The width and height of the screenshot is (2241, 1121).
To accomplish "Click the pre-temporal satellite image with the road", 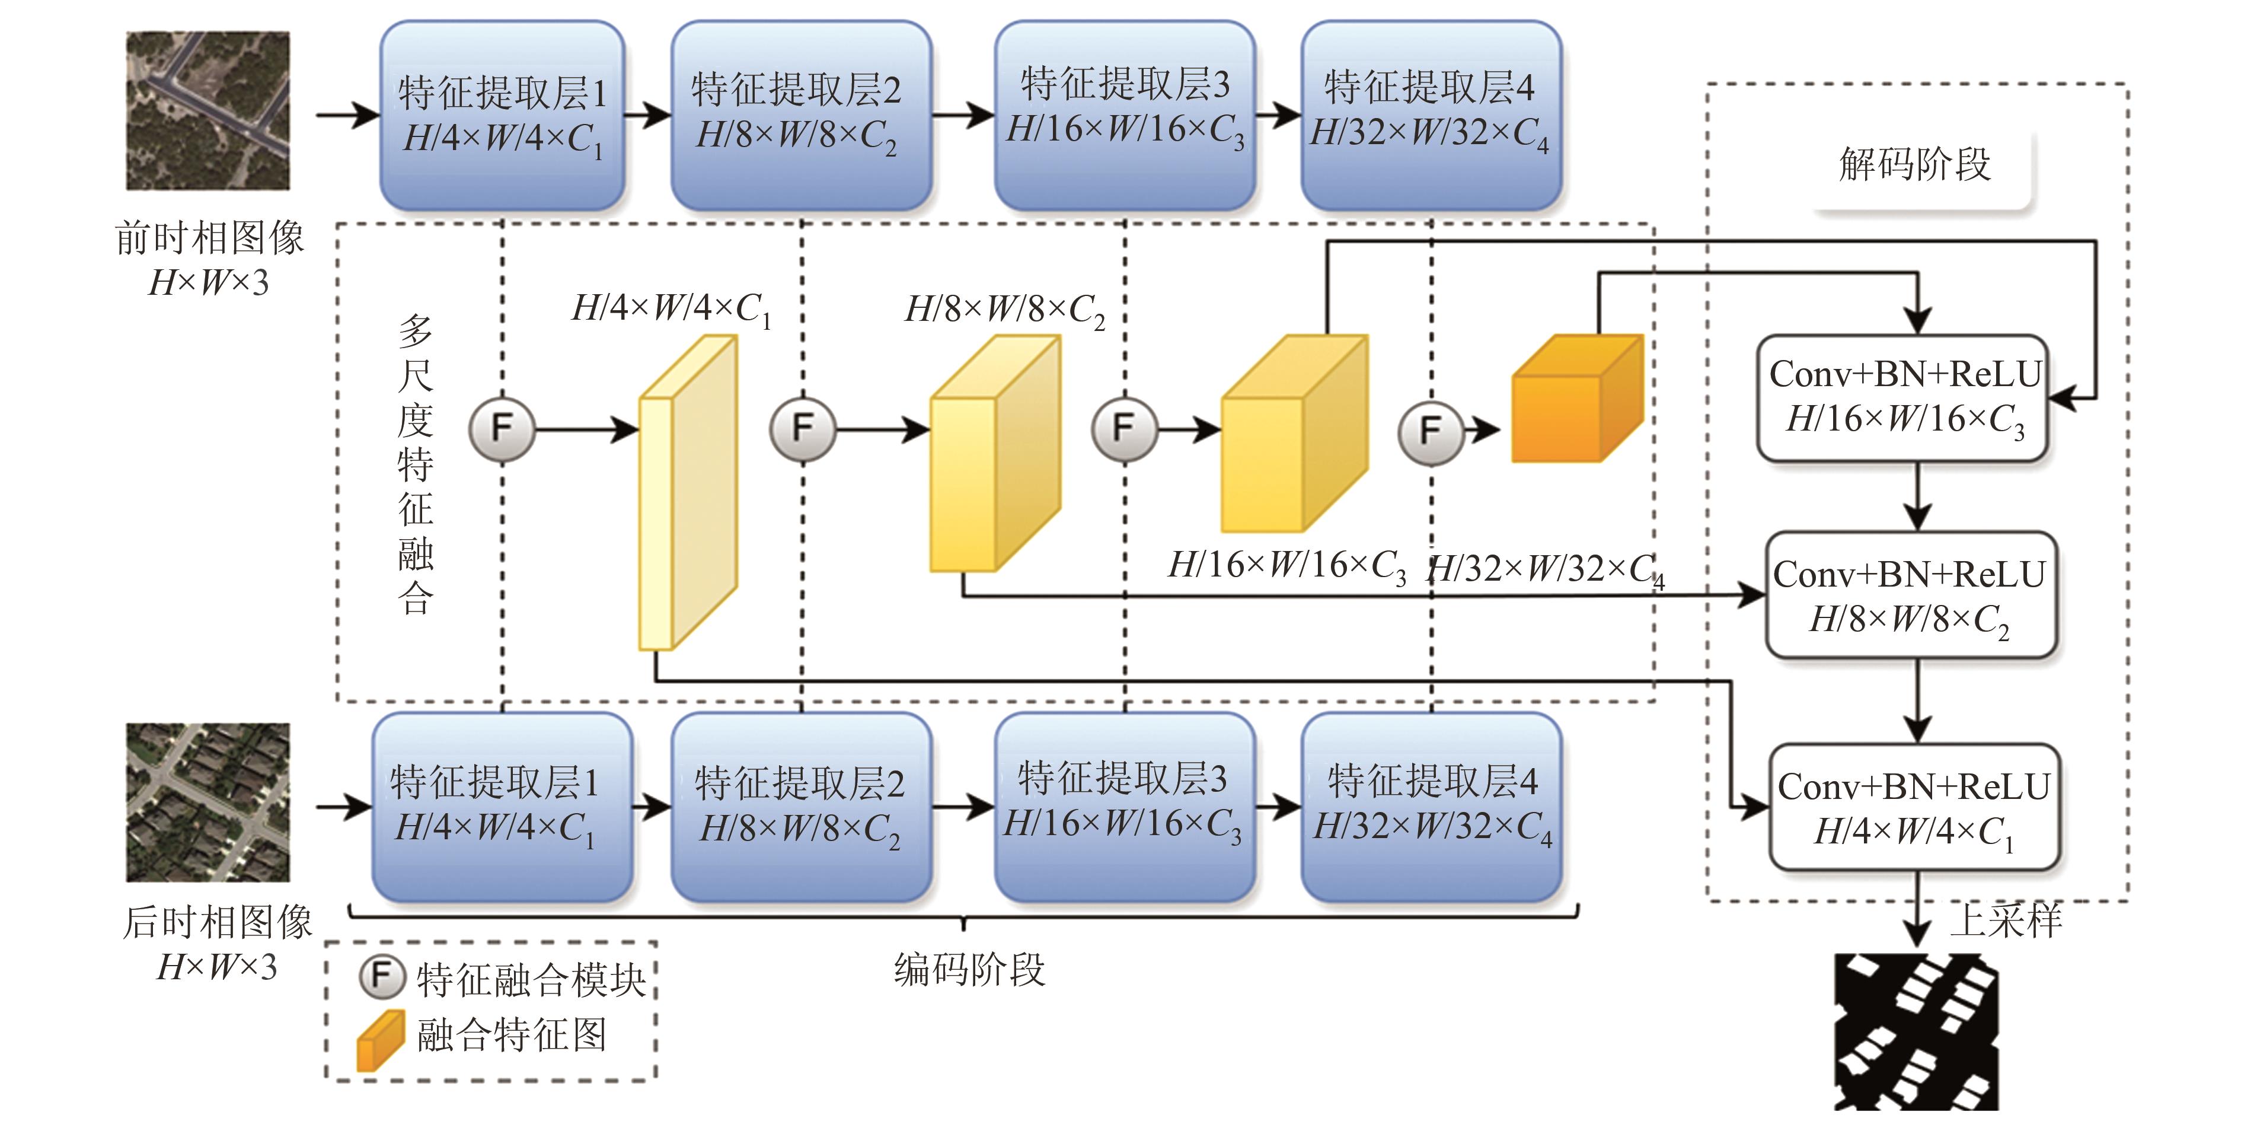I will pyautogui.click(x=208, y=112).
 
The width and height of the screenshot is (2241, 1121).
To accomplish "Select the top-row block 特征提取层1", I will pyautogui.click(x=502, y=115).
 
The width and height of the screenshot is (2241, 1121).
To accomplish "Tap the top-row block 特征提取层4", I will pyautogui.click(x=1431, y=115).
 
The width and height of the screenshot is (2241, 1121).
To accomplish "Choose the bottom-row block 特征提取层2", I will pyautogui.click(x=800, y=806).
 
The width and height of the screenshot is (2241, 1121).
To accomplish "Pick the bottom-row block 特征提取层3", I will pyautogui.click(x=1124, y=806).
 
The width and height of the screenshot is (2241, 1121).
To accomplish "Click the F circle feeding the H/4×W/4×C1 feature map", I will pyautogui.click(x=502, y=428).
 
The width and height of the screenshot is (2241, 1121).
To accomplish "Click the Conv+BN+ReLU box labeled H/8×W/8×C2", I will pyautogui.click(x=1910, y=595).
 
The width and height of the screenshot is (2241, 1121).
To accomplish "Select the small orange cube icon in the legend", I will pyautogui.click(x=380, y=1040).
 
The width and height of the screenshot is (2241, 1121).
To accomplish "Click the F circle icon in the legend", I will pyautogui.click(x=382, y=976).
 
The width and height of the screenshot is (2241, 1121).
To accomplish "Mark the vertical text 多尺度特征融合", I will pyautogui.click(x=415, y=465).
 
